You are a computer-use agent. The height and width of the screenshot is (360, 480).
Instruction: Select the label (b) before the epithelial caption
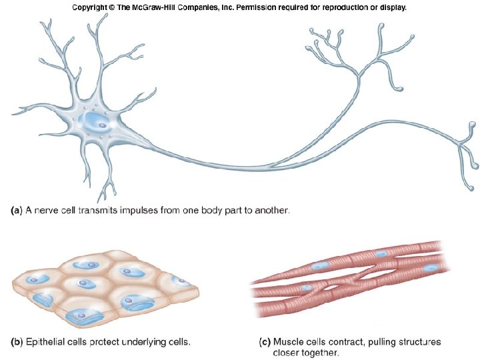pyautogui.click(x=18, y=342)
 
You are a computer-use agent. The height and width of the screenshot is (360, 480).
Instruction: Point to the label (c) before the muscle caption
pyautogui.click(x=265, y=342)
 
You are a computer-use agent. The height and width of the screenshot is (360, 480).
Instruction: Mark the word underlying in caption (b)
pyautogui.click(x=147, y=342)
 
